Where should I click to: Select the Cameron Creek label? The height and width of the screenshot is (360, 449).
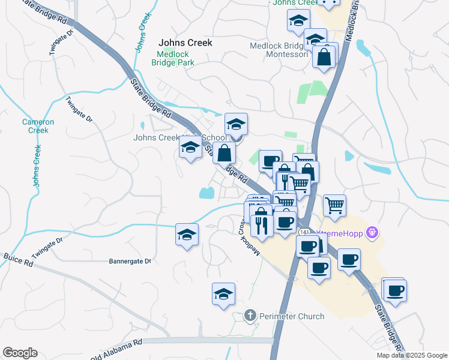[x=38, y=126]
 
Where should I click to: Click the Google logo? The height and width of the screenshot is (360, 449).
[x=20, y=353]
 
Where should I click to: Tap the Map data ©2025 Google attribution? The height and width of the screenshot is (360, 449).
[x=411, y=355]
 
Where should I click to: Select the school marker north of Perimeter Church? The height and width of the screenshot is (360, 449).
[x=223, y=294]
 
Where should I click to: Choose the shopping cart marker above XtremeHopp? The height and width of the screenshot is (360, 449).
[x=335, y=205]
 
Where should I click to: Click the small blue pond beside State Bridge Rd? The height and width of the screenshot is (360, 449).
[x=206, y=193]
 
